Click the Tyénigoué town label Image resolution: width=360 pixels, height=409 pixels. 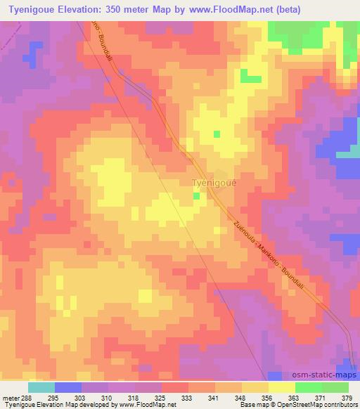click(x=214, y=184)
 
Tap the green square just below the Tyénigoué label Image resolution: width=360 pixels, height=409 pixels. click(x=196, y=196)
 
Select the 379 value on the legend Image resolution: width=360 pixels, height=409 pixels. click(x=346, y=397)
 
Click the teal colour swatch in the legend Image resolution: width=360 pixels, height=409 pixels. click(x=41, y=387)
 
